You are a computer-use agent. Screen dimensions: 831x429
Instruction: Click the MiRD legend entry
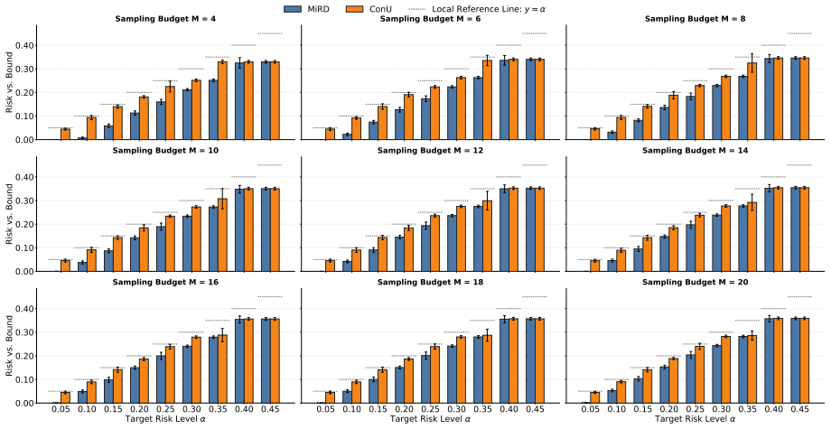tap(307, 8)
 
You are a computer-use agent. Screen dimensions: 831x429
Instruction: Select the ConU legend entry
tap(369, 8)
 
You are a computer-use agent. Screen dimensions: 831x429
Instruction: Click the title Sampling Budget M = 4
tap(165, 19)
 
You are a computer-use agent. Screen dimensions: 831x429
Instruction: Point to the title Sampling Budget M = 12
tap(430, 151)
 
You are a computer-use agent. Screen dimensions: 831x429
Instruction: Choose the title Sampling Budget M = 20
tap(696, 283)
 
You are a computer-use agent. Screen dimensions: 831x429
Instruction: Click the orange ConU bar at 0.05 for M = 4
tap(65, 134)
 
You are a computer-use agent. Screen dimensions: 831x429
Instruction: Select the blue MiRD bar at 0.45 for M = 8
tap(795, 98)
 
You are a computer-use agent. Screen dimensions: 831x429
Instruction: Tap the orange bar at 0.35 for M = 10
tap(222, 235)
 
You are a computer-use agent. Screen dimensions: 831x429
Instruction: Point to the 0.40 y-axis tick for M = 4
tap(24, 45)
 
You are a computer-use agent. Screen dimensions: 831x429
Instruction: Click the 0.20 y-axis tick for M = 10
tap(24, 225)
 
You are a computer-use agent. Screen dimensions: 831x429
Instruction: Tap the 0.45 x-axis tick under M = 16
tap(270, 410)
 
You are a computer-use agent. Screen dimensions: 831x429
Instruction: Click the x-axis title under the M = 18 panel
tap(430, 419)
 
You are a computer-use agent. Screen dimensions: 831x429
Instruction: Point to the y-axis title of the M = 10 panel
tap(9, 215)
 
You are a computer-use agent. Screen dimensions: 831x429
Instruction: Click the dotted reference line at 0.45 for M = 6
tap(535, 33)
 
